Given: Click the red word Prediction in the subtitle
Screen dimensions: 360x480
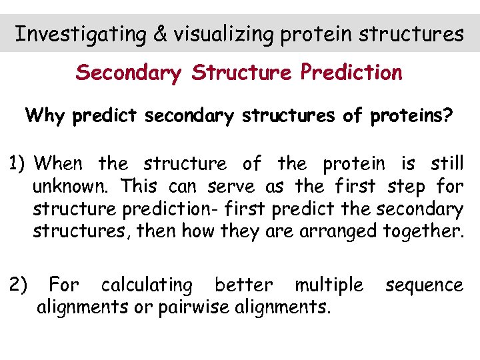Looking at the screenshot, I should [x=351, y=72].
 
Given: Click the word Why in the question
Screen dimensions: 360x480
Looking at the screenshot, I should [x=45, y=116].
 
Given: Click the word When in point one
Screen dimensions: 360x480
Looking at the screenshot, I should [x=61, y=163].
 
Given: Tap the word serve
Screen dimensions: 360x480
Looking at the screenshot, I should [x=233, y=187].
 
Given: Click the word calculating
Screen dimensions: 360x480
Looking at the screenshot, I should [x=146, y=285].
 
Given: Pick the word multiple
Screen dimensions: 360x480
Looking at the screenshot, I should [x=329, y=285].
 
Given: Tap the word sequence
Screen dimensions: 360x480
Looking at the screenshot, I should [x=424, y=285].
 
